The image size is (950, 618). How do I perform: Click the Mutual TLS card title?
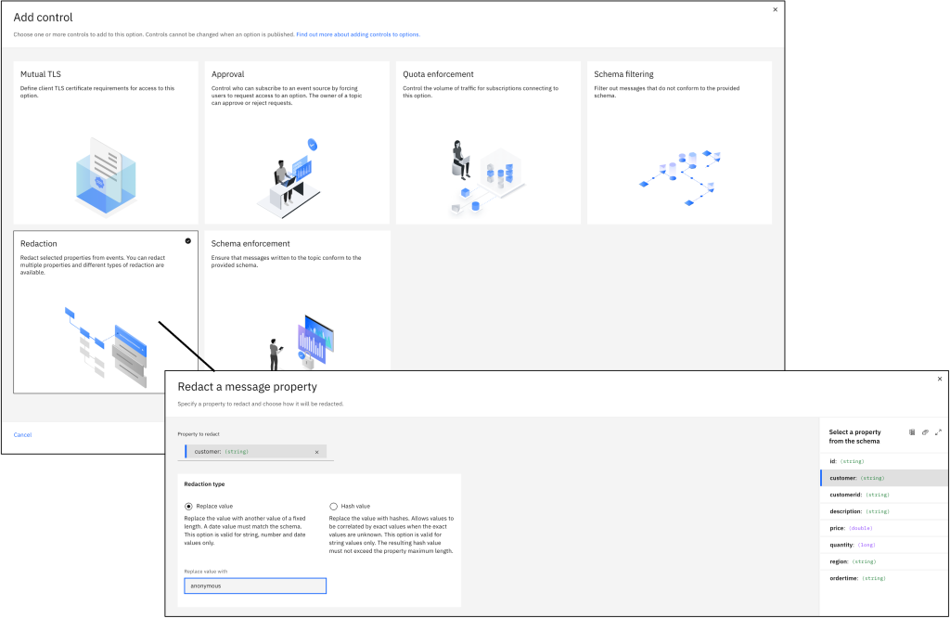41,74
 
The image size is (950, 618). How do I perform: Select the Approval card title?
228,74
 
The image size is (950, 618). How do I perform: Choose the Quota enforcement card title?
438,74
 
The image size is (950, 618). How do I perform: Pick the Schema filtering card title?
623,74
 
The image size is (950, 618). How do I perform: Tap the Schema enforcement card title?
250,243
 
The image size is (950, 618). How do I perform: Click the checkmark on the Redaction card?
188,240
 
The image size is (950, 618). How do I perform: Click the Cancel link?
22,434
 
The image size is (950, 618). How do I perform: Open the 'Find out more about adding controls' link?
358,34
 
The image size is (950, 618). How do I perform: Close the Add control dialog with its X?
776,9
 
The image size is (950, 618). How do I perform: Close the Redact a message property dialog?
939,379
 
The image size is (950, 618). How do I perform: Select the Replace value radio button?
188,506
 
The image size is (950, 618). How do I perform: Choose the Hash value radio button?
334,506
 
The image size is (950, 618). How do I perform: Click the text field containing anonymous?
255,586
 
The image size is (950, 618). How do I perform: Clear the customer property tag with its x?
316,452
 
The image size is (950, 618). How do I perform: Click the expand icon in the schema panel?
938,432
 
